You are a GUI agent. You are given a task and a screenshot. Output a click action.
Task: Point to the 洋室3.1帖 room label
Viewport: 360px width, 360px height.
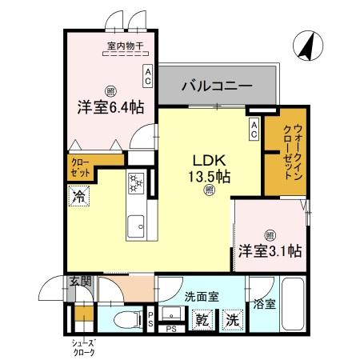tap(269, 250)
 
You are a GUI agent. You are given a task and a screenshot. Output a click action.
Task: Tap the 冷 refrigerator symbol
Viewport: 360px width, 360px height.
tap(78, 194)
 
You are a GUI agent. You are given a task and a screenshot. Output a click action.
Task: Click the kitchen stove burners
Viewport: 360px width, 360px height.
tap(135, 183)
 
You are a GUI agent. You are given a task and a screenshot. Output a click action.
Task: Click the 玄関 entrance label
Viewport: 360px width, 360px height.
tap(79, 281)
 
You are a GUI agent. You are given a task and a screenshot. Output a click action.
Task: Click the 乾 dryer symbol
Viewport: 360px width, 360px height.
tap(203, 320)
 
